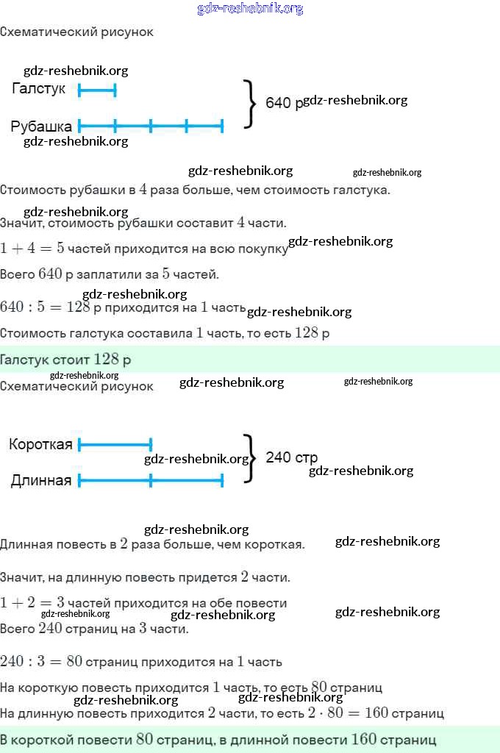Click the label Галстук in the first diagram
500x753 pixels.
[x=39, y=89]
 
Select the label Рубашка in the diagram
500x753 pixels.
[x=41, y=126]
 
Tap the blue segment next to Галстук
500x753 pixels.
[x=97, y=90]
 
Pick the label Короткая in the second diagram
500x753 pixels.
[x=40, y=444]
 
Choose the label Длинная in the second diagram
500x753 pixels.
[x=41, y=481]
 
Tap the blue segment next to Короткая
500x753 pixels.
[x=114, y=444]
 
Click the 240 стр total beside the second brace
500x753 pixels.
[x=291, y=457]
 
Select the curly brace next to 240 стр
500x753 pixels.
[x=249, y=458]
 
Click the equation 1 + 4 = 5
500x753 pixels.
[x=32, y=249]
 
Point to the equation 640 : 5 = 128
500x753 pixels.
[x=45, y=306]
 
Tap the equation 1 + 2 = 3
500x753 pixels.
[x=32, y=603]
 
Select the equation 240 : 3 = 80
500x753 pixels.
[x=41, y=661]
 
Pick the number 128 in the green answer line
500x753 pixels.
[x=107, y=360]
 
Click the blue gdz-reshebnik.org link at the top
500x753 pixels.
[x=250, y=9]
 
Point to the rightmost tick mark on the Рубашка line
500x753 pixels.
[x=221, y=126]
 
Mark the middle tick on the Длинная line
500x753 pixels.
[x=150, y=481]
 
